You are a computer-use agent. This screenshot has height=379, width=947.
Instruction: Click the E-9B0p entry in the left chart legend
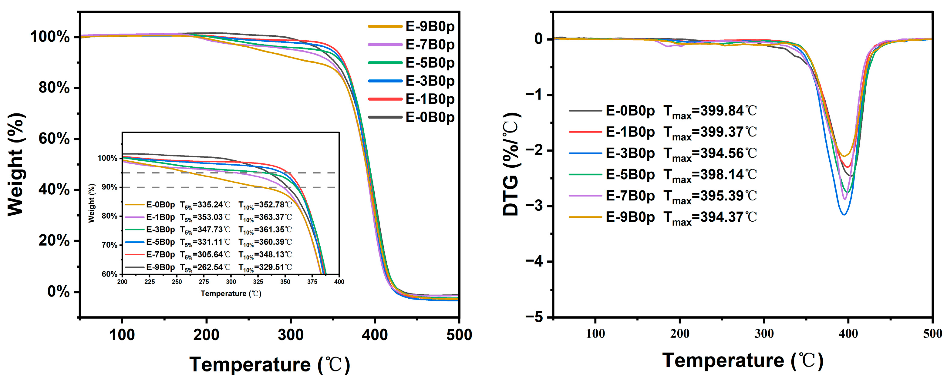[x=430, y=26]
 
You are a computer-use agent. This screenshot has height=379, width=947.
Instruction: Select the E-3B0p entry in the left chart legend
[x=430, y=81]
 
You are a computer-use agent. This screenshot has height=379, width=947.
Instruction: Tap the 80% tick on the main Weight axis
[x=54, y=88]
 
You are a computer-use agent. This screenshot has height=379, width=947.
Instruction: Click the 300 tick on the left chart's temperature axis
[x=290, y=335]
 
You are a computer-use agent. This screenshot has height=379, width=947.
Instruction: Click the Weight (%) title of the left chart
[x=17, y=164]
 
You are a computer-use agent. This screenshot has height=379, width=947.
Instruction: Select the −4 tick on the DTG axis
[x=539, y=261]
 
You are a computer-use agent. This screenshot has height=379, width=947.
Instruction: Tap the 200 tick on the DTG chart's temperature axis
[x=679, y=334]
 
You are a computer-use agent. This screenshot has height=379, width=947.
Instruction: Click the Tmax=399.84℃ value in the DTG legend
[x=710, y=111]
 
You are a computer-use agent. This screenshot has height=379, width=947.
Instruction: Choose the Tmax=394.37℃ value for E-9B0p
[x=710, y=217]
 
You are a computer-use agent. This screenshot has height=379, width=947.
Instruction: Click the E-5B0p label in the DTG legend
[x=630, y=175]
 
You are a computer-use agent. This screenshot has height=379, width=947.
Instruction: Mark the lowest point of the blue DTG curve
[x=844, y=214]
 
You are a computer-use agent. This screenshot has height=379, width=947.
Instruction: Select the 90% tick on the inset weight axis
[x=109, y=187]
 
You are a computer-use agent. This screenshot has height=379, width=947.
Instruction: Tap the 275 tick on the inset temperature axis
[x=204, y=282]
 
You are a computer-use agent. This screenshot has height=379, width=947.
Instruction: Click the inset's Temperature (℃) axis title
[x=231, y=294]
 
